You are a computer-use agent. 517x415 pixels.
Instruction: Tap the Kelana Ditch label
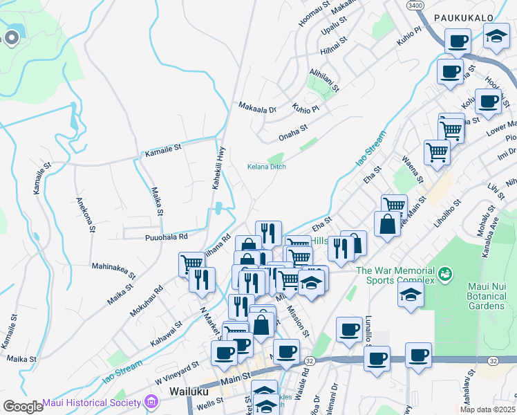pos(267,167)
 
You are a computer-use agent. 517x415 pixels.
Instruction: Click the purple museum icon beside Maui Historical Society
pos(151,403)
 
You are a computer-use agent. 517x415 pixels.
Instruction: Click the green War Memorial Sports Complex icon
pos(445,275)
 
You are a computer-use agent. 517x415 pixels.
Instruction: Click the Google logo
pos(22,406)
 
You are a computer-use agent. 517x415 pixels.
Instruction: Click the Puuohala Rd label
pos(167,237)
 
